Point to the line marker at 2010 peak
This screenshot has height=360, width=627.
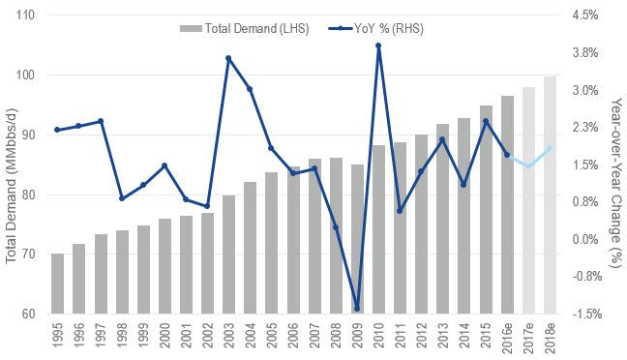tap(378, 45)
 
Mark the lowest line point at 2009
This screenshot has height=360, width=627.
tap(357, 309)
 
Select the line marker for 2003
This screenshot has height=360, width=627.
tap(228, 58)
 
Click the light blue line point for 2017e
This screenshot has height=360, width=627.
tap(528, 166)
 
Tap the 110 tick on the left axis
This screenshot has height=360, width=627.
tap(25, 16)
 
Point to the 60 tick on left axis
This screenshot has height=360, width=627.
tap(28, 314)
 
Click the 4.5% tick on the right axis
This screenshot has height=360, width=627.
tap(587, 16)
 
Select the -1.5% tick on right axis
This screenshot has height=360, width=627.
tap(587, 314)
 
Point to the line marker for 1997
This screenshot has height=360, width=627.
tap(101, 121)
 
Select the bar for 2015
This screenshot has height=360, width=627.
tap(486, 209)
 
